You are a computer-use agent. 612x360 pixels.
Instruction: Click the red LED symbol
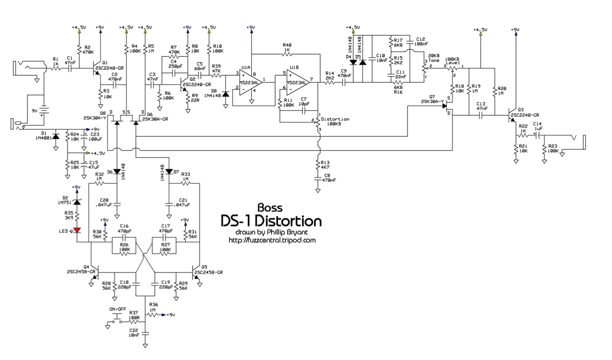pyautogui.click(x=77, y=230)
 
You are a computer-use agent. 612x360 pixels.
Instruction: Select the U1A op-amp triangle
pyautogui.click(x=249, y=81)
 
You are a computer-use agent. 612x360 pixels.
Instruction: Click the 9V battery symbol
pyautogui.click(x=43, y=112)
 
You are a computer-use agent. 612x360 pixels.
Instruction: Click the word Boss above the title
pyautogui.click(x=270, y=208)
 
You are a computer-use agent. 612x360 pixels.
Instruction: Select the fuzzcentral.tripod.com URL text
pyautogui.click(x=272, y=240)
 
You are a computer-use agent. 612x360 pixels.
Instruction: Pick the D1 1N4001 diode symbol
pyautogui.click(x=56, y=137)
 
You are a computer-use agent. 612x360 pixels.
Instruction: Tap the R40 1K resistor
pyautogui.click(x=287, y=55)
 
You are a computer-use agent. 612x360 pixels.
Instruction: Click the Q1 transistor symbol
pyautogui.click(x=97, y=68)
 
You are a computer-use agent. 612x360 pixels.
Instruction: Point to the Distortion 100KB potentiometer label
pyautogui.click(x=335, y=122)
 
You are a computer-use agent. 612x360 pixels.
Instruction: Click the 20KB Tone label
pyautogui.click(x=435, y=58)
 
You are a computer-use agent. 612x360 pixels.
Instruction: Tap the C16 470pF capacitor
pyautogui.click(x=124, y=237)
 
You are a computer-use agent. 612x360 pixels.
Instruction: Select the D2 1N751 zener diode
pyautogui.click(x=77, y=202)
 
